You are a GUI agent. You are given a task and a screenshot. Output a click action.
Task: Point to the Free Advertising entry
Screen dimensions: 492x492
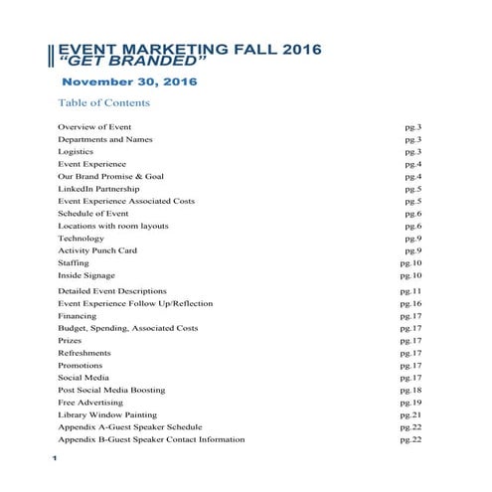91,403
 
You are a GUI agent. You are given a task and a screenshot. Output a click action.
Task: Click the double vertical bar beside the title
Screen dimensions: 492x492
52,56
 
